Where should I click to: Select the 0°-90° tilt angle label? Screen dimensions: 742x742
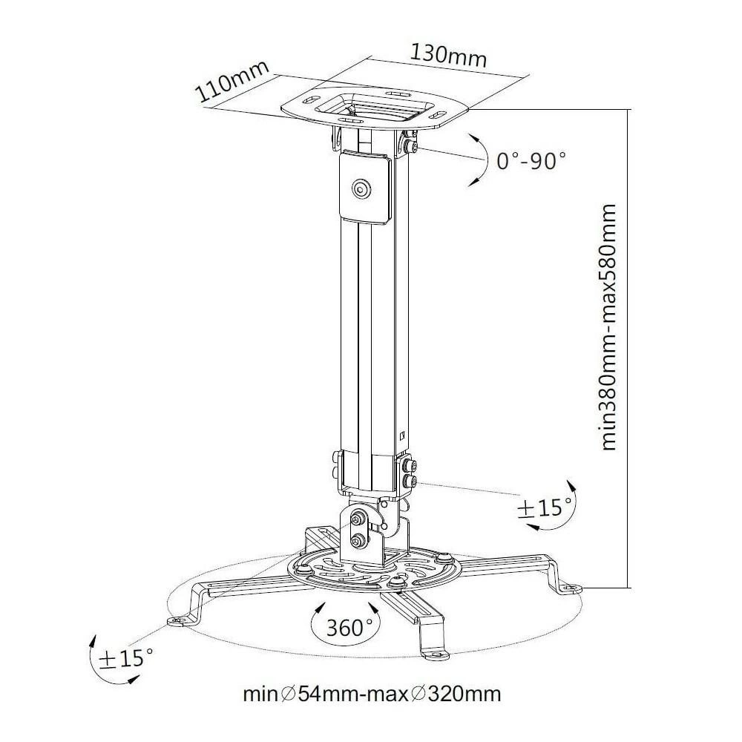(531, 161)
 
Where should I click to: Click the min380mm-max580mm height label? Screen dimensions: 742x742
(608, 327)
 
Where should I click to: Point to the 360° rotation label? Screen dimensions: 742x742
(350, 628)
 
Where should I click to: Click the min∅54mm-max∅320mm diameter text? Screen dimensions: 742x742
(372, 695)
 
